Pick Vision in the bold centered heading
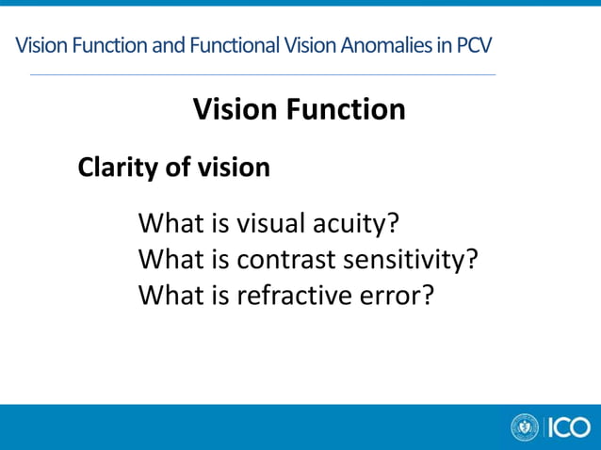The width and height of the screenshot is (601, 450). pyautogui.click(x=233, y=109)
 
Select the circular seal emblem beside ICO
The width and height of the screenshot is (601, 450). pyautogui.click(x=524, y=427)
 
